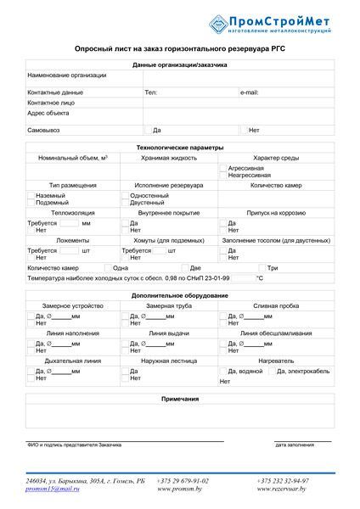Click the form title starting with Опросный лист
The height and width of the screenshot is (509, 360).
pos(180,51)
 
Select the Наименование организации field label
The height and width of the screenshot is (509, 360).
pos(67,76)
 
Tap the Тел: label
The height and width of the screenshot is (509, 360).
pos(151,92)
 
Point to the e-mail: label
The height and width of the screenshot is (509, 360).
pos(249,92)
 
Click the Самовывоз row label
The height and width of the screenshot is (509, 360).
pos(44,131)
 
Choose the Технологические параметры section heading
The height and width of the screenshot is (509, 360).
pos(180,148)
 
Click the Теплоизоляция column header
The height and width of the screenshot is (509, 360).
pos(73,213)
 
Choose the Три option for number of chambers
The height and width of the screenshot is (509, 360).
pos(273,267)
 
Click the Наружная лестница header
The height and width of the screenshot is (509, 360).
pos(168,361)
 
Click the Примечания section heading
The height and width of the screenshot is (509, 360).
pos(180,399)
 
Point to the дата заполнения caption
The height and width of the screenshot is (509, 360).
pos(295,445)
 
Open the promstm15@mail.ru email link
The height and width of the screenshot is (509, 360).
pos(53,489)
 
